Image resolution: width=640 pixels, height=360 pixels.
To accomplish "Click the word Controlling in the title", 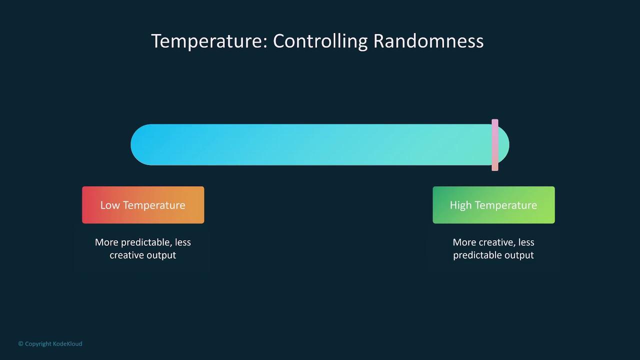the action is (x=320, y=41).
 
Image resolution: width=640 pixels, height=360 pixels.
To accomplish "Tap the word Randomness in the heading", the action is (x=428, y=41).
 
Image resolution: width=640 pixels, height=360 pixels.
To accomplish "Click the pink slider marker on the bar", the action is (x=495, y=145).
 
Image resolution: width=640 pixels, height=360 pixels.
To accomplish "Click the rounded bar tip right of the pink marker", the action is (x=504, y=145).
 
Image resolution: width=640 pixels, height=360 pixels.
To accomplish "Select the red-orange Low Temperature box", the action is (x=143, y=205).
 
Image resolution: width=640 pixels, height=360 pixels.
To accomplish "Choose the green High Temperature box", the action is (x=493, y=205).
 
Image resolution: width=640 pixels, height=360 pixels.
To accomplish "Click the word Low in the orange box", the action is (x=110, y=205).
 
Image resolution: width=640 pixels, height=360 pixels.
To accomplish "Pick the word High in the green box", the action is (x=460, y=205).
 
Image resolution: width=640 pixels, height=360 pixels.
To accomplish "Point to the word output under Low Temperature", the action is (x=161, y=255).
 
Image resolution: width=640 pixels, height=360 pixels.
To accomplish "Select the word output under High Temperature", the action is (x=519, y=255).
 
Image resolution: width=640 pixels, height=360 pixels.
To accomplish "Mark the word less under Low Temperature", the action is (x=183, y=242).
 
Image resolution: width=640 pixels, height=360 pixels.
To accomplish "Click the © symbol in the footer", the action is (x=20, y=343).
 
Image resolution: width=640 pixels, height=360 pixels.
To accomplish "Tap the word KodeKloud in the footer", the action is (x=67, y=343).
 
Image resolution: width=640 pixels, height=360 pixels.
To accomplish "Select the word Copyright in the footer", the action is (x=38, y=344).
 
